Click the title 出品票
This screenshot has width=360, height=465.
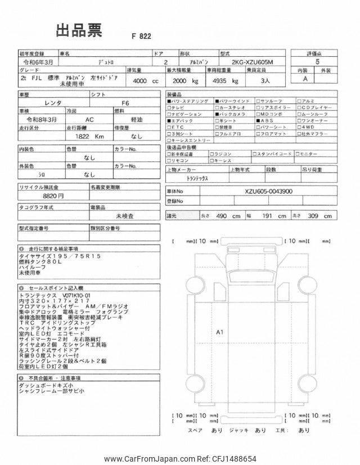click(x=79, y=31)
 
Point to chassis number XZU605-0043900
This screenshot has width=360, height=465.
click(x=268, y=191)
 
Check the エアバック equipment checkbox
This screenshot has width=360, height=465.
click(x=169, y=120)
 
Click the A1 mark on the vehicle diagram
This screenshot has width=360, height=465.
click(x=220, y=332)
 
